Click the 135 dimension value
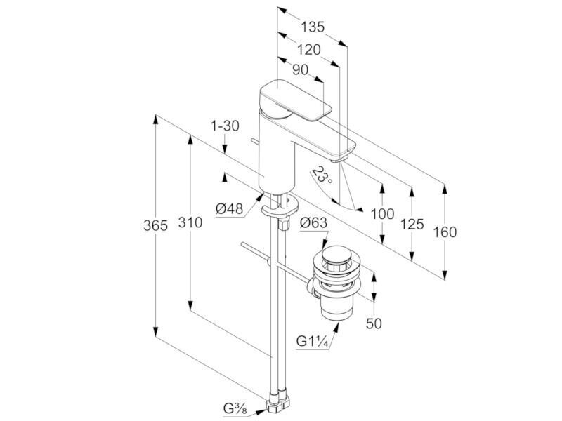[313, 27]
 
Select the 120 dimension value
[309, 50]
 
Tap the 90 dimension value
[301, 70]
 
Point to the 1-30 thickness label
[225, 126]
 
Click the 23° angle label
[322, 175]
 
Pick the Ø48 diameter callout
[230, 208]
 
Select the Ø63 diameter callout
[313, 223]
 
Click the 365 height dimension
[155, 226]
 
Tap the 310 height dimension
[190, 222]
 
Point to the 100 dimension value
[382, 214]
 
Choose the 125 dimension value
[412, 225]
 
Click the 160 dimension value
[445, 232]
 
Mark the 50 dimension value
[374, 323]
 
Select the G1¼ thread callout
[312, 341]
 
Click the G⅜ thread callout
[235, 408]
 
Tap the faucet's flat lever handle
[294, 100]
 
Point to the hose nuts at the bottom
[278, 402]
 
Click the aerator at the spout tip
[339, 160]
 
